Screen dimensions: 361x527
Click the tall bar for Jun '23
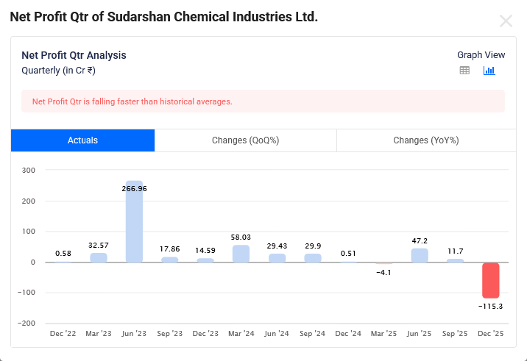(134, 221)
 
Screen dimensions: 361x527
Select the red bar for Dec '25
(491, 280)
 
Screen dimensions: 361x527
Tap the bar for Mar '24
(241, 254)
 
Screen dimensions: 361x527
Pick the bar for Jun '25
(420, 255)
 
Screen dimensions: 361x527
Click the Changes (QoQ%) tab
(245, 140)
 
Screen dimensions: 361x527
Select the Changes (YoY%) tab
(425, 140)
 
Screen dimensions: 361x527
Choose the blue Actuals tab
(82, 140)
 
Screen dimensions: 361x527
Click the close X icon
(506, 21)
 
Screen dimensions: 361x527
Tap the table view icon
(464, 71)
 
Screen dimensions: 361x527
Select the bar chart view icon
(489, 71)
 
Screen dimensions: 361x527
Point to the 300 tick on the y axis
(28, 171)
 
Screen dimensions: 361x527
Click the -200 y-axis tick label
(26, 324)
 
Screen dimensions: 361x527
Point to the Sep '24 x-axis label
(313, 334)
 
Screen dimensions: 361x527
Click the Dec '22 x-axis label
(63, 334)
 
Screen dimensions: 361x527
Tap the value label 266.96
(134, 189)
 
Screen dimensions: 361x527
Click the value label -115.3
(491, 306)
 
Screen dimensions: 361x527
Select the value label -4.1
(384, 273)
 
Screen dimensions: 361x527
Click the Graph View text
(481, 55)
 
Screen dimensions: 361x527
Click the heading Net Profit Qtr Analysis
(74, 55)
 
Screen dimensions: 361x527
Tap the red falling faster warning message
(132, 101)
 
